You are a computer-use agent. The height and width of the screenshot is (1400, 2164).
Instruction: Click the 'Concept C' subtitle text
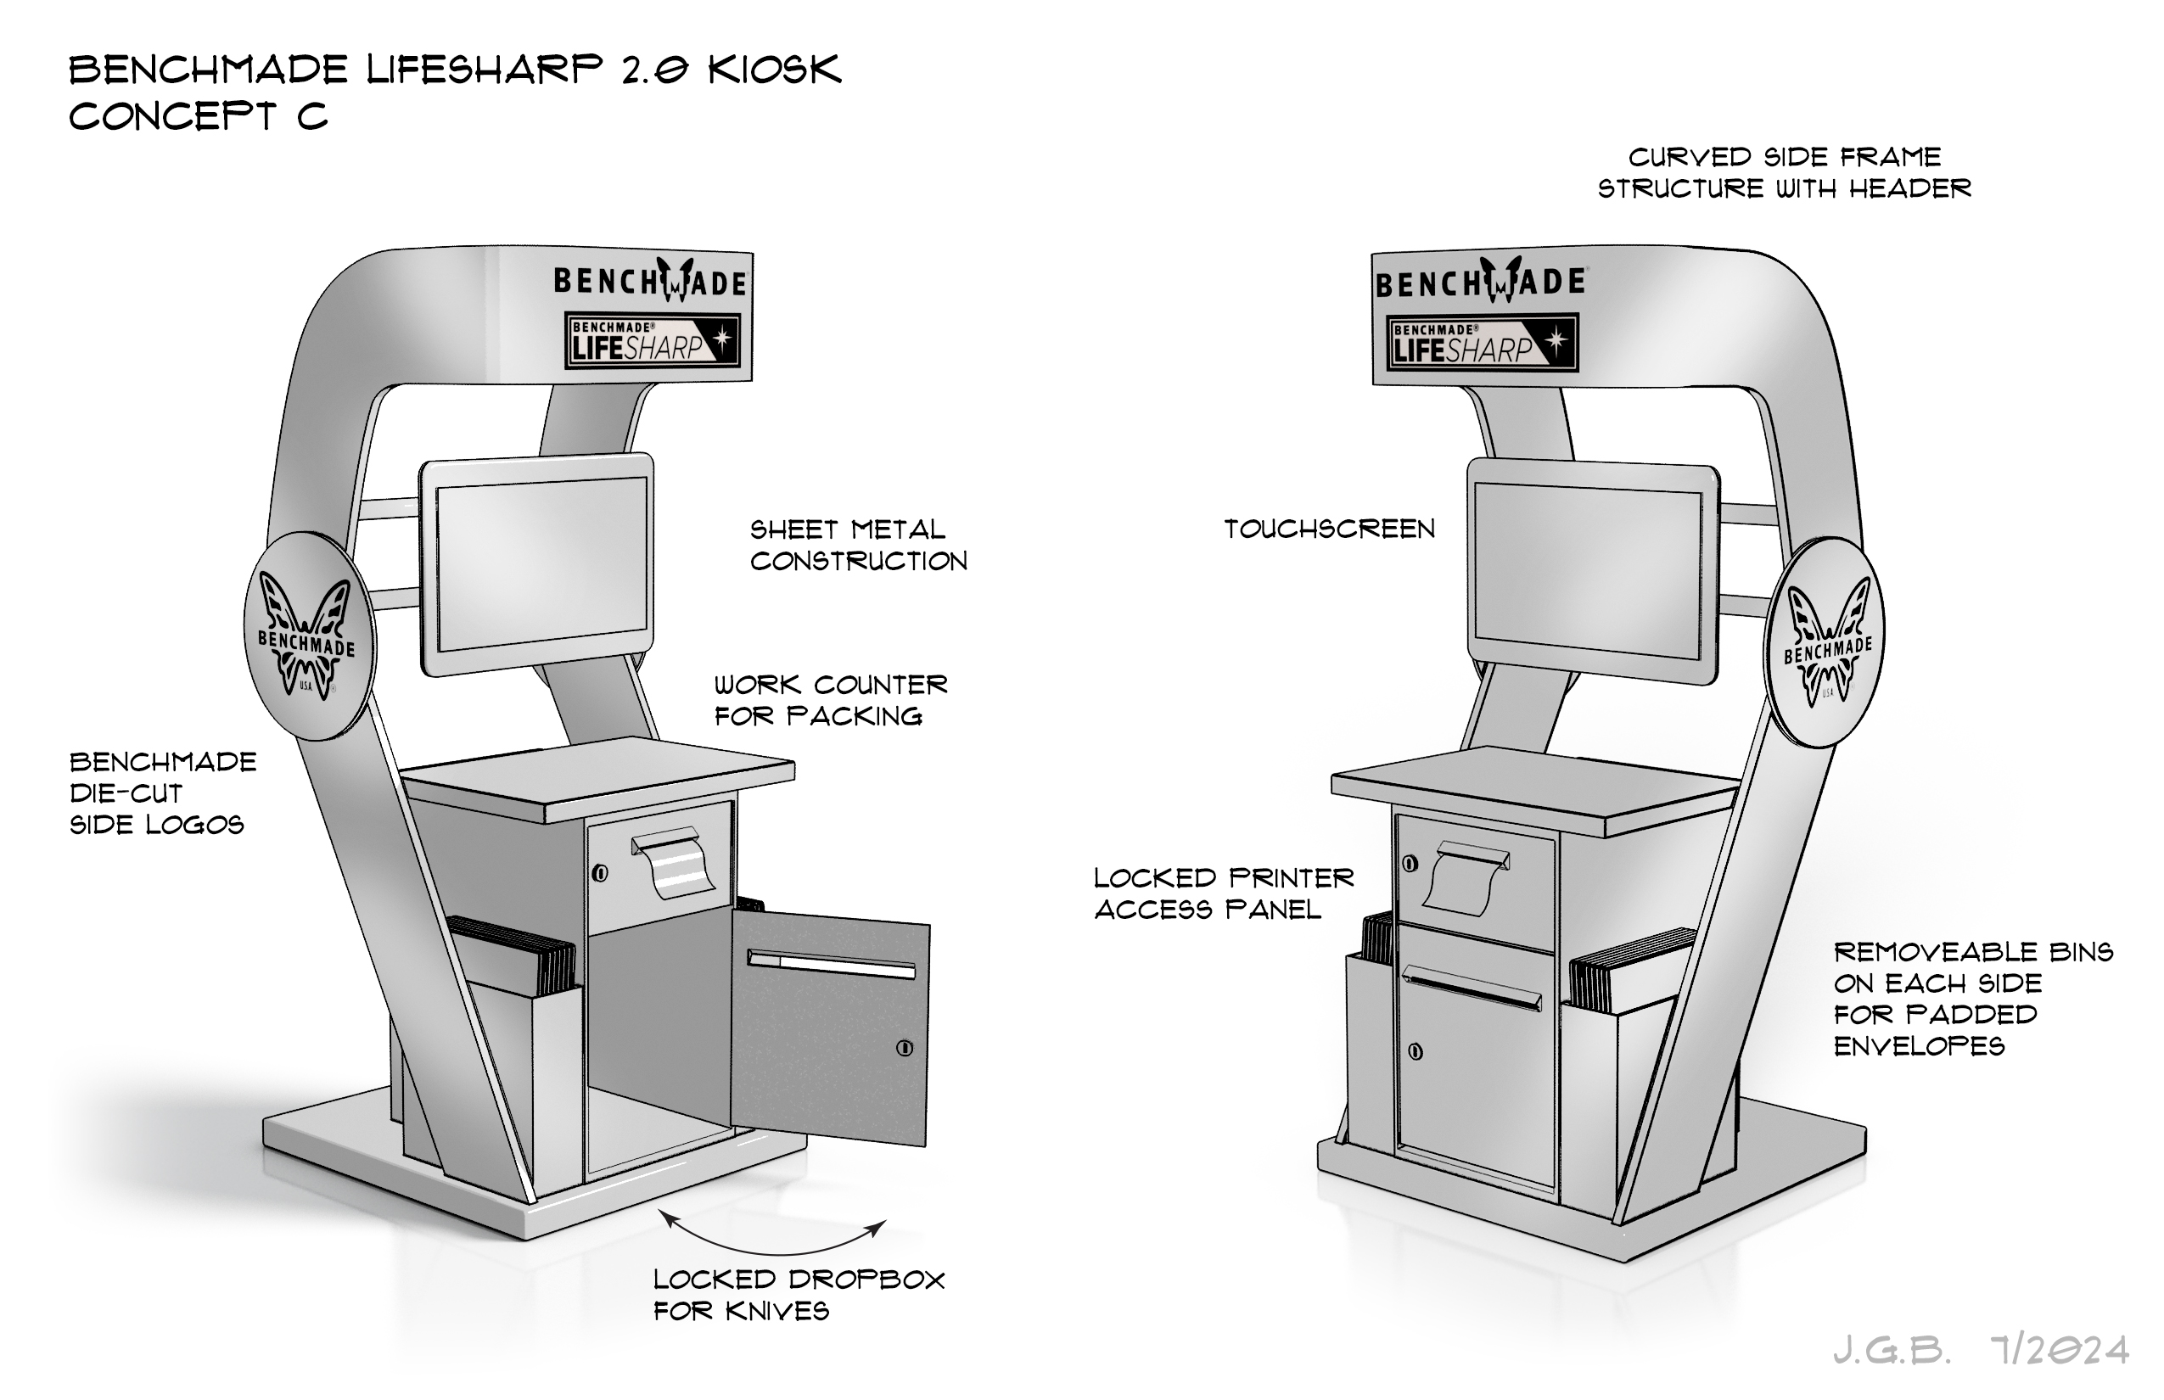[x=199, y=116]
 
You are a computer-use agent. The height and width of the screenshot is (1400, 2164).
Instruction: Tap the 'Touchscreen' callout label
[x=1329, y=529]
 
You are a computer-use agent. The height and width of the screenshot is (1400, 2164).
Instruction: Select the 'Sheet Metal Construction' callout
[x=858, y=546]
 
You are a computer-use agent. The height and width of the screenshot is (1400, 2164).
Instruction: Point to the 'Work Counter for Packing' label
[x=830, y=700]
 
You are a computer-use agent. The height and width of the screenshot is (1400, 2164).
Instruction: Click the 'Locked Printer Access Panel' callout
[x=1224, y=893]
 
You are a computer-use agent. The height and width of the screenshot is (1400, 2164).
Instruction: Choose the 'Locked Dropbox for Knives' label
[x=799, y=1295]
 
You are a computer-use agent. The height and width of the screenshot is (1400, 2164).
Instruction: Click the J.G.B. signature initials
[x=1892, y=1352]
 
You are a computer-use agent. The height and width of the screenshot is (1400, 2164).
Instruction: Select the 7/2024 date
[x=2059, y=1351]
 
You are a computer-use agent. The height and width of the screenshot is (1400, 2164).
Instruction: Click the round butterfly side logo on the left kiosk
[x=309, y=636]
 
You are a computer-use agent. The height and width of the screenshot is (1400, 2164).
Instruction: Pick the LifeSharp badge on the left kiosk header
[x=653, y=341]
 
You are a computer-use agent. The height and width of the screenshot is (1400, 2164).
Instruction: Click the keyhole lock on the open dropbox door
[x=904, y=1047]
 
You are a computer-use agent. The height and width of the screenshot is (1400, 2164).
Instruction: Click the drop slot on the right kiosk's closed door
[x=1473, y=986]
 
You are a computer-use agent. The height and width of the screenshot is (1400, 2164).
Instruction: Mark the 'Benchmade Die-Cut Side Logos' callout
[x=162, y=792]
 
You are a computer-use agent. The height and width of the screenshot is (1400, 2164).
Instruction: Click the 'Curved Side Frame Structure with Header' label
[x=1785, y=173]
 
